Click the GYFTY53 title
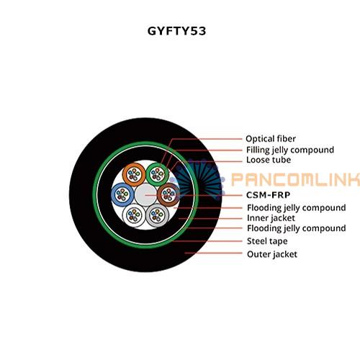(x=176, y=31)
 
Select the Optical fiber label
(x=271, y=139)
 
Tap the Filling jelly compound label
(x=290, y=150)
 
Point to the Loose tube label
(x=269, y=160)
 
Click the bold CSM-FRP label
(x=269, y=195)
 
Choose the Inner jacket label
(x=271, y=218)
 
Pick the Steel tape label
(x=267, y=241)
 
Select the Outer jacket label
(x=272, y=254)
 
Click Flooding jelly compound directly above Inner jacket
(x=297, y=208)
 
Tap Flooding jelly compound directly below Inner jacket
(x=297, y=228)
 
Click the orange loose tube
(x=134, y=174)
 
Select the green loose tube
(x=157, y=174)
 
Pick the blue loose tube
(x=122, y=194)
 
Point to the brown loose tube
(x=168, y=194)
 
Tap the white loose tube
(x=134, y=215)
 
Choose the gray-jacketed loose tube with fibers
(x=157, y=215)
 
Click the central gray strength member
(x=145, y=195)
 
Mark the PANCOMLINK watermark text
(x=295, y=179)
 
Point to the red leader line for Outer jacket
(x=213, y=253)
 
